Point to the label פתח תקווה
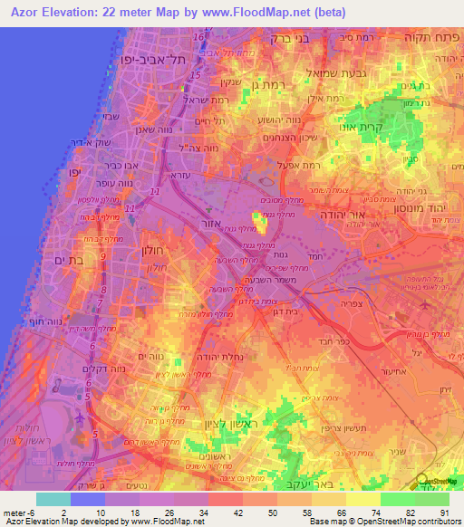click(431, 39)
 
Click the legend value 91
click(444, 512)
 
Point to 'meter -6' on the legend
click(20, 512)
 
